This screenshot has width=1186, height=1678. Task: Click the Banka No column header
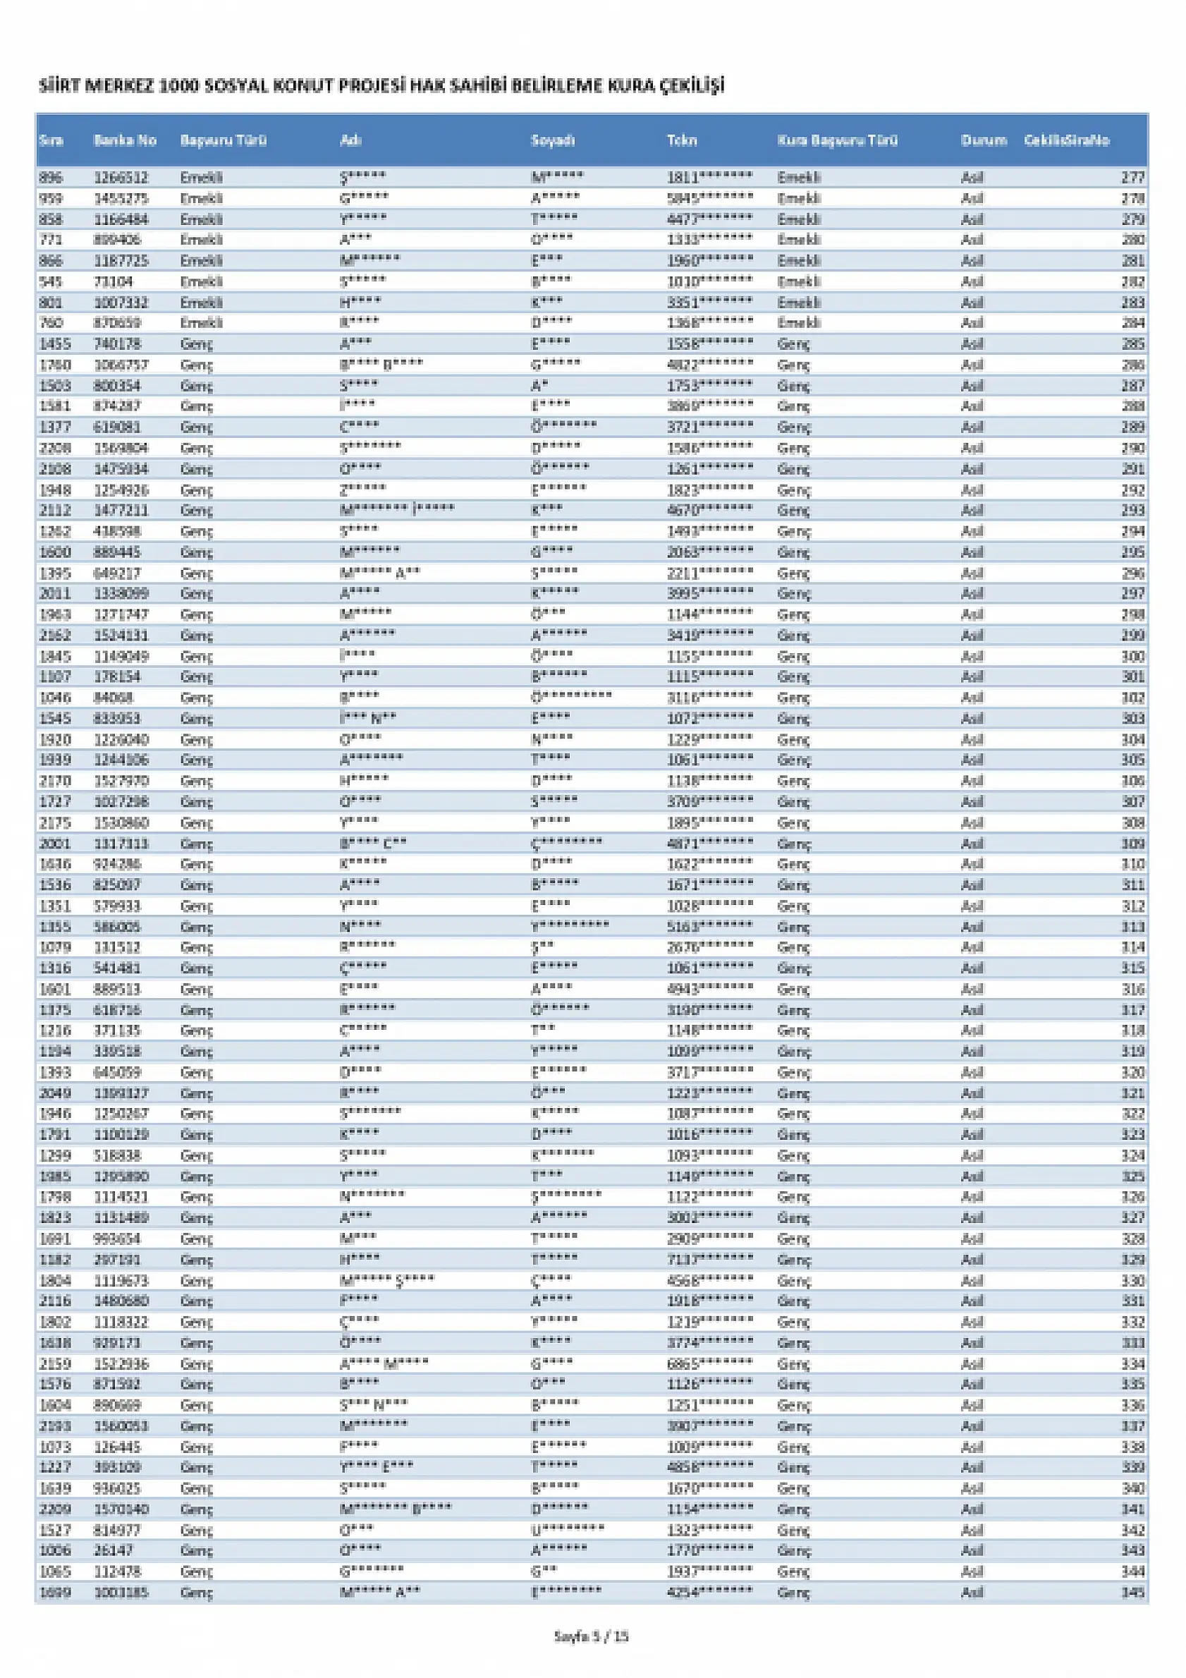coord(125,140)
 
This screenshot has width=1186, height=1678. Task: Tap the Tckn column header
coord(682,140)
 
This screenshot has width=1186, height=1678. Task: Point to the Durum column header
coord(984,140)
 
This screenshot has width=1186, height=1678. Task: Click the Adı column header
coord(350,140)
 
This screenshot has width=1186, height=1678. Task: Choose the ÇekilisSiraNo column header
coord(1066,140)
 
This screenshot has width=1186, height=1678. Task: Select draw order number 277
coord(1133,178)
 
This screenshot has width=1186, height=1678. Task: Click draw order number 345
coord(1133,1593)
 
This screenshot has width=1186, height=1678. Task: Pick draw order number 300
coord(1133,656)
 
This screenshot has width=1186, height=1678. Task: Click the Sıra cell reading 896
coord(51,178)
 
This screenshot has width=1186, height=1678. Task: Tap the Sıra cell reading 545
coord(51,281)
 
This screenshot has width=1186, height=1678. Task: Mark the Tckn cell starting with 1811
coord(709,178)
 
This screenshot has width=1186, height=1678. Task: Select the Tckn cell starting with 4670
coord(709,510)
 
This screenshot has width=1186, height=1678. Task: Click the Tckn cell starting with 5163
coord(709,927)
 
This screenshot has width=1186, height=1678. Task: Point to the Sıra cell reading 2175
coord(55,823)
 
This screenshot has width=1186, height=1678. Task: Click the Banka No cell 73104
coord(114,281)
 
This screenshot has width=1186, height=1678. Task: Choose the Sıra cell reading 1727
coord(55,802)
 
